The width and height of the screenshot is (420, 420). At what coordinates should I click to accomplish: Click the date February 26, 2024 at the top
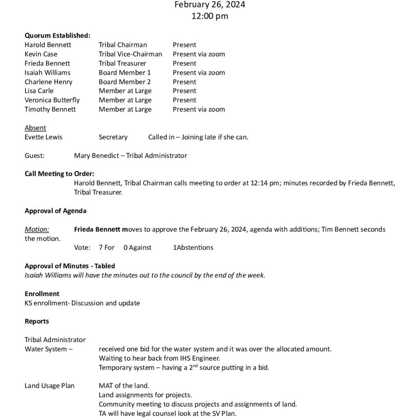coord(210,5)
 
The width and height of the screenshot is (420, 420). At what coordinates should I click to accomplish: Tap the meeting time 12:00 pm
coord(210,16)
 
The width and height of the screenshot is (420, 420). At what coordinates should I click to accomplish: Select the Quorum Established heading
coord(57,36)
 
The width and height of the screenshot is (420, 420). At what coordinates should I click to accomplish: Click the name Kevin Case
coord(41,54)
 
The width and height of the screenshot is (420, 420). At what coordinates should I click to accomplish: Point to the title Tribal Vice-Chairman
coord(130,54)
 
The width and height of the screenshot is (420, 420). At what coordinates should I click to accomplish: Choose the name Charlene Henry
coord(48,82)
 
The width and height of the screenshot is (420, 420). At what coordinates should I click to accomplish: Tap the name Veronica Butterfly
coord(52,100)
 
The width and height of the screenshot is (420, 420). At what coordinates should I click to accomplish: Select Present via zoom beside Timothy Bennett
coord(199,110)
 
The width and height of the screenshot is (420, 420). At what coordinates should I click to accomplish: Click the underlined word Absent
coord(35,128)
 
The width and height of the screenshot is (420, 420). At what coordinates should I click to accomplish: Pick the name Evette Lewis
coord(43,137)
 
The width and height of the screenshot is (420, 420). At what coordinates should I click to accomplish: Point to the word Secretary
coord(113,137)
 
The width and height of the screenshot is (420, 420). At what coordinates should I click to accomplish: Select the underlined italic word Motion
coord(37,229)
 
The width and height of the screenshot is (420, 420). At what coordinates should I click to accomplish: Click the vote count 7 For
coord(107,248)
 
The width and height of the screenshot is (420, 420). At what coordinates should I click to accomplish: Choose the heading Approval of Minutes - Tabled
coord(70,266)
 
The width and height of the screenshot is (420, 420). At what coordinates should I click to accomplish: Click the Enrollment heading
coord(42,294)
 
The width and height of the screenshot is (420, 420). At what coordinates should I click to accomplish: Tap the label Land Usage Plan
coord(50,386)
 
